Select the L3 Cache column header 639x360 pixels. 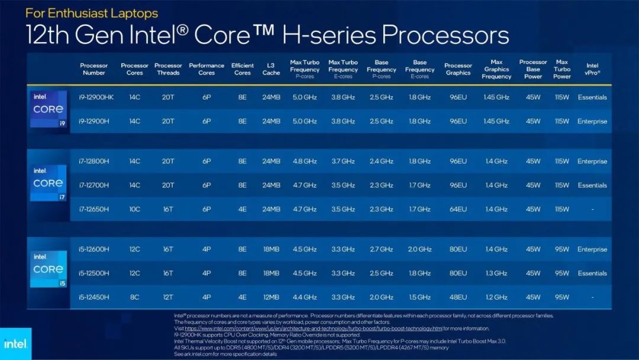pos(271,69)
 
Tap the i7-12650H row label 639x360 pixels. pos(94,209)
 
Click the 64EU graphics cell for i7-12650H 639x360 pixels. pos(458,209)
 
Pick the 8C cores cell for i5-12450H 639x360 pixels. pos(135,297)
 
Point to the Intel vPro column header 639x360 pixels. pos(592,69)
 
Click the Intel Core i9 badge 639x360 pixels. pos(49,109)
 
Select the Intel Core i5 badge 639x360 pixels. pos(49,269)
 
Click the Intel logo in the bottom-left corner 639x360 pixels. pos(15,343)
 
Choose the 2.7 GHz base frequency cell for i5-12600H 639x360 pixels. pos(381,249)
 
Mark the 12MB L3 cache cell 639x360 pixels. pos(271,297)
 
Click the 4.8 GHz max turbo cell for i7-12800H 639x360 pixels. pos(305,161)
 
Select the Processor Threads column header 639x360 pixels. pos(168,69)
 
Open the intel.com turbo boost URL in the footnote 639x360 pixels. pos(314,328)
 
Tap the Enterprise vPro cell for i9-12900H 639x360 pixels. pos(592,121)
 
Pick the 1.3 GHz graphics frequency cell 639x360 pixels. pos(496,273)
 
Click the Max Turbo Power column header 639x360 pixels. pos(562,69)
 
